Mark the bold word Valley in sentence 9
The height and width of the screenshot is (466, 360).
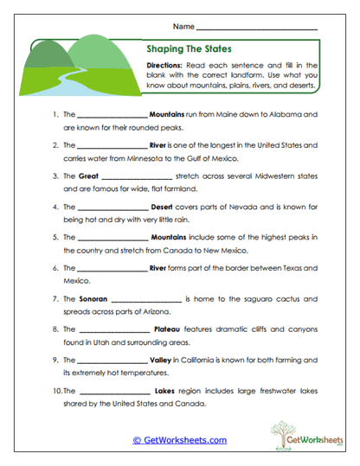tap(162, 360)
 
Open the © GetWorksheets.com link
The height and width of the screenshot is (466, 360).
tap(180, 440)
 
